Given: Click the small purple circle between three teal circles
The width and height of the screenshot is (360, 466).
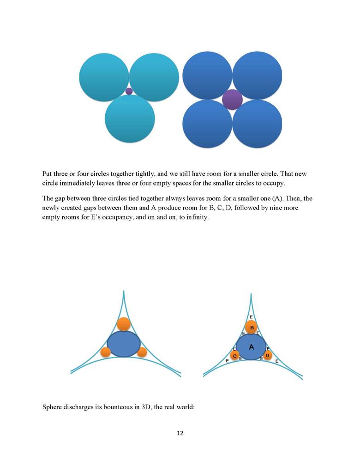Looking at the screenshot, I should (129, 91).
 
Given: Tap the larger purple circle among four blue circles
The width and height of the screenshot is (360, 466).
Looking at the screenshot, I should (232, 100).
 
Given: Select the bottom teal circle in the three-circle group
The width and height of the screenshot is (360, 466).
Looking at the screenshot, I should (130, 119).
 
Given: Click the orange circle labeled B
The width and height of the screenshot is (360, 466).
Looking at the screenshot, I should (252, 328).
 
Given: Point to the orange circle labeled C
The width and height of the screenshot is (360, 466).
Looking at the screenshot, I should (235, 356).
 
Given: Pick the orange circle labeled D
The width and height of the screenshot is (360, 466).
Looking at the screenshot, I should (267, 355).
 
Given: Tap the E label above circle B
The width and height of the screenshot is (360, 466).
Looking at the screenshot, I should (251, 317).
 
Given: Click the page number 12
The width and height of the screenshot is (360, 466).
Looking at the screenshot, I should (180, 433).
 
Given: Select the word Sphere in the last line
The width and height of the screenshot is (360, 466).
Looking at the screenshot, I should (53, 406).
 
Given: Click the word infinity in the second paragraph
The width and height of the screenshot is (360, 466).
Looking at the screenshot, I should (198, 217).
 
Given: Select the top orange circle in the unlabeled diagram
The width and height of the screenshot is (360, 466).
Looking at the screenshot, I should (123, 324).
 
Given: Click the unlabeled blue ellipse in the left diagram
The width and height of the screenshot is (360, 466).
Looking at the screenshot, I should (123, 344).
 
